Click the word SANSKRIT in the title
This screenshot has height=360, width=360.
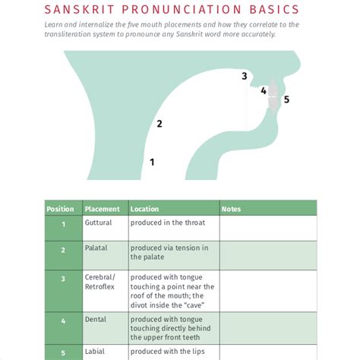click(x=79, y=9)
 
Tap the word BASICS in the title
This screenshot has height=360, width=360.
click(x=274, y=9)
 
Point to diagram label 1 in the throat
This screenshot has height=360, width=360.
click(x=152, y=162)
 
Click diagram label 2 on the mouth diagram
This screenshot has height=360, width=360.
click(x=159, y=124)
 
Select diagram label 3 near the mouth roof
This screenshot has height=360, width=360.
click(x=245, y=76)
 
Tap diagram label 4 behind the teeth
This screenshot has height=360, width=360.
click(x=264, y=90)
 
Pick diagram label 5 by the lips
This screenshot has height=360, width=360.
click(x=286, y=99)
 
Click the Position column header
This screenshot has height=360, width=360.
click(x=60, y=209)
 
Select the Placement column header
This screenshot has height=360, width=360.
click(x=103, y=209)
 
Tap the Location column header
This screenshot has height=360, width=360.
click(x=144, y=209)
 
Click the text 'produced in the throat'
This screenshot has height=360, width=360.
click(x=168, y=223)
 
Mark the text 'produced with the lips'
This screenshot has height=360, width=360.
click(x=167, y=352)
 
